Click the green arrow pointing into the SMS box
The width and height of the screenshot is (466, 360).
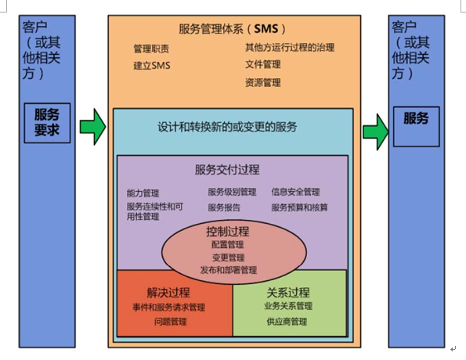(92, 127)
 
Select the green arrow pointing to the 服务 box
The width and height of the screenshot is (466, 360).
(376, 132)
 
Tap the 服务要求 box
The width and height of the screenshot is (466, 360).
(47, 123)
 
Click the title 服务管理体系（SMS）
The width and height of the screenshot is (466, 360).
(232, 29)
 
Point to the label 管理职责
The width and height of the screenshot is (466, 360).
(151, 49)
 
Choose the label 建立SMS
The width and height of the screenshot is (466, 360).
(152, 65)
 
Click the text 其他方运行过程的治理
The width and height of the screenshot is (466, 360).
(290, 48)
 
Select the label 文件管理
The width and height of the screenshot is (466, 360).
(263, 64)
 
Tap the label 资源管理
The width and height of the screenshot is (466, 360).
(263, 83)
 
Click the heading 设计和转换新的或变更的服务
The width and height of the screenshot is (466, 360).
(227, 127)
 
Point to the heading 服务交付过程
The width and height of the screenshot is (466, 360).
(227, 170)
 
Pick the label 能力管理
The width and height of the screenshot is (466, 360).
(143, 193)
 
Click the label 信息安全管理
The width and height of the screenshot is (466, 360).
(295, 192)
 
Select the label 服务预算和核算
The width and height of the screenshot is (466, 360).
(299, 207)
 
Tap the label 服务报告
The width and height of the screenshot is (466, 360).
(224, 207)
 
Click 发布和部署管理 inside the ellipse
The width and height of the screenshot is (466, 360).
(229, 270)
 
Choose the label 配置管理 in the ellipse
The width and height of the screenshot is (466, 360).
(228, 244)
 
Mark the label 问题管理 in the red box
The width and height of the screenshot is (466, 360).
(170, 322)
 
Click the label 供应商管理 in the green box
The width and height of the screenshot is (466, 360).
(287, 322)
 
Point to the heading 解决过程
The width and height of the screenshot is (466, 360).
(168, 293)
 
